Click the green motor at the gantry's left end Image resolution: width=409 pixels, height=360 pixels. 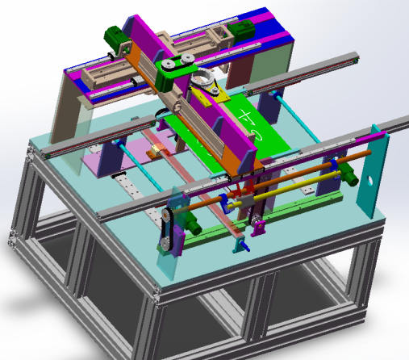[115, 36]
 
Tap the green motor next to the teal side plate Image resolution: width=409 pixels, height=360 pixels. [351, 172]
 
